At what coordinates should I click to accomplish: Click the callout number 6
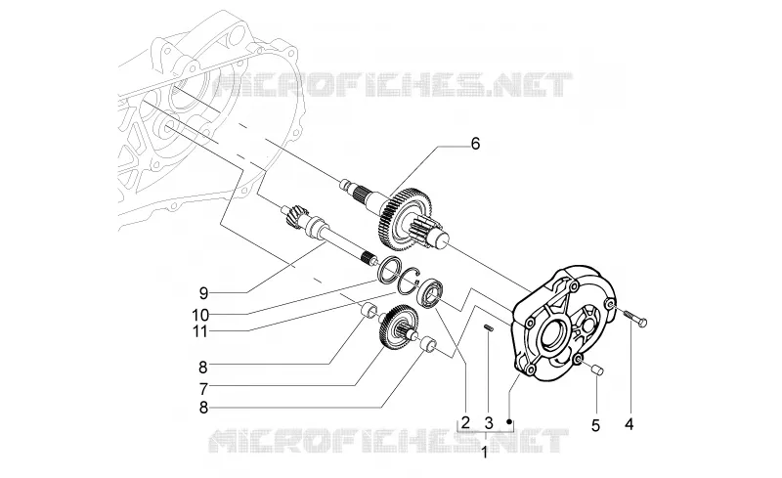point(475,144)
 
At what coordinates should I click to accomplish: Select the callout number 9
point(203,292)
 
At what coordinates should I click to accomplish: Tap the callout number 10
point(200,315)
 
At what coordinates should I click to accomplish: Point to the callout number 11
point(200,331)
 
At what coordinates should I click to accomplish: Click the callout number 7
point(203,388)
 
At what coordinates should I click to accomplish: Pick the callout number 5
point(595,426)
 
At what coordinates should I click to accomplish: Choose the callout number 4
point(630,424)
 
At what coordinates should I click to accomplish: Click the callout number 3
point(488,423)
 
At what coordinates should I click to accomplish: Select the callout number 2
point(465,423)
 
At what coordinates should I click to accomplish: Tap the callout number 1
point(484,453)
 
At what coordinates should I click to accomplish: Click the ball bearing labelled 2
point(428,295)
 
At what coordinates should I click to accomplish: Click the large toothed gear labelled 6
point(405,219)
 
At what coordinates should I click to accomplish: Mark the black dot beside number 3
point(509,421)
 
